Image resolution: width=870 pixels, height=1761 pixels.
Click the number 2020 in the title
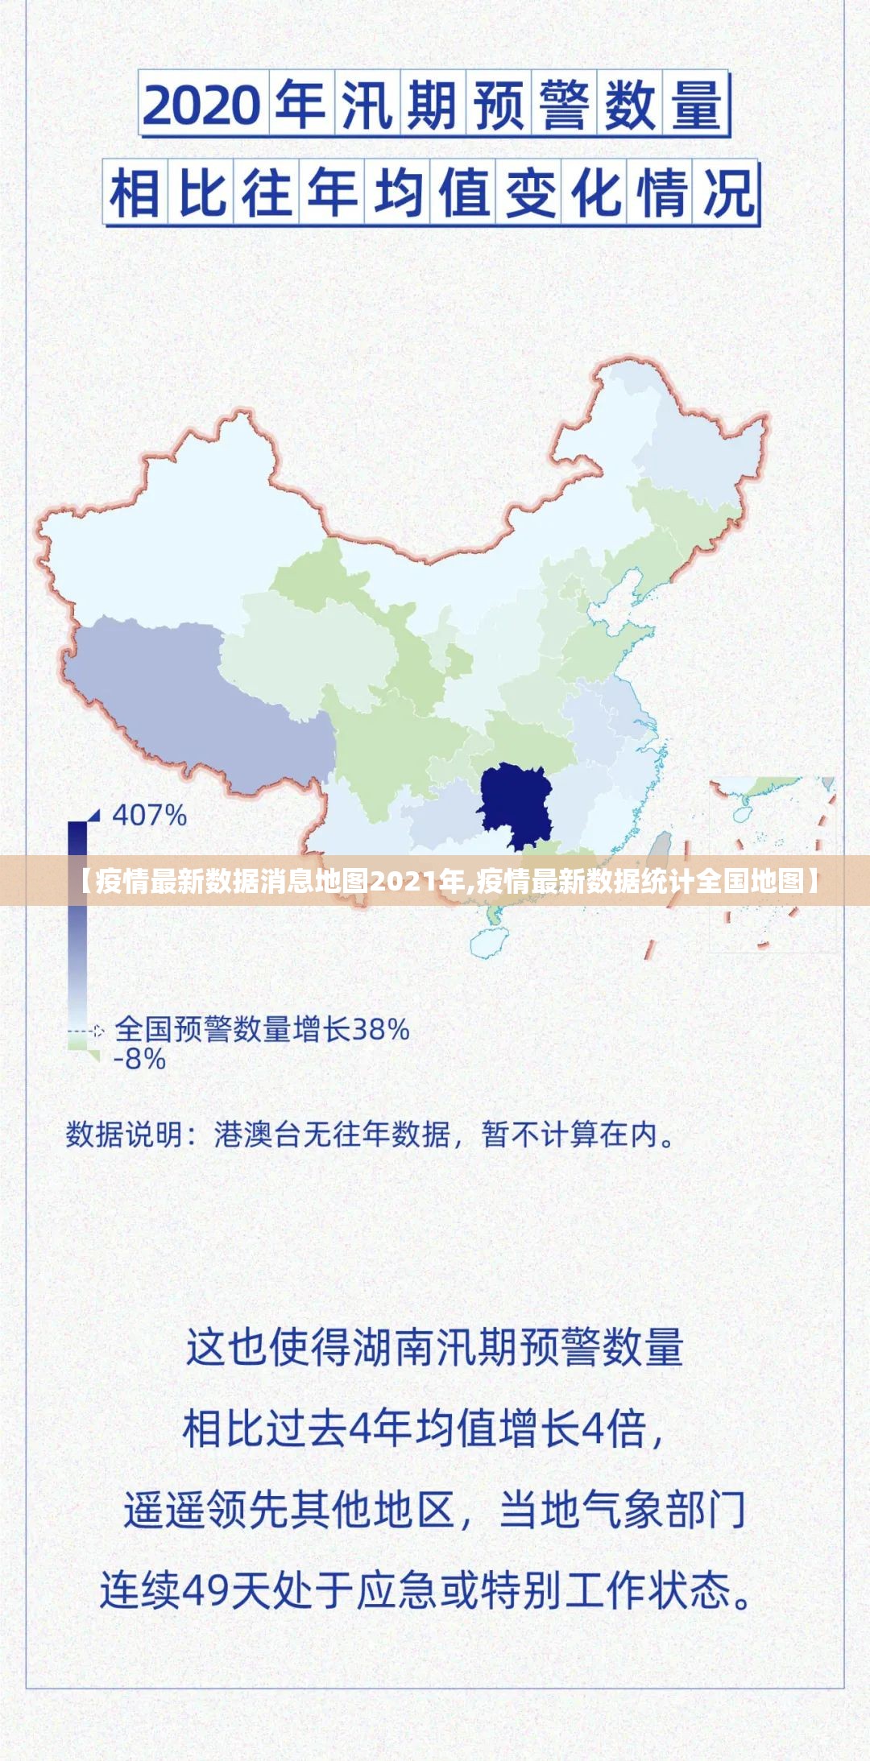(201, 105)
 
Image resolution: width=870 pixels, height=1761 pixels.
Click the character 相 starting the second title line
(135, 194)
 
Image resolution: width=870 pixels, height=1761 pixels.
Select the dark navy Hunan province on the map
(516, 805)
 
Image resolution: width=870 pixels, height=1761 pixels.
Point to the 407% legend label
(150, 816)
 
